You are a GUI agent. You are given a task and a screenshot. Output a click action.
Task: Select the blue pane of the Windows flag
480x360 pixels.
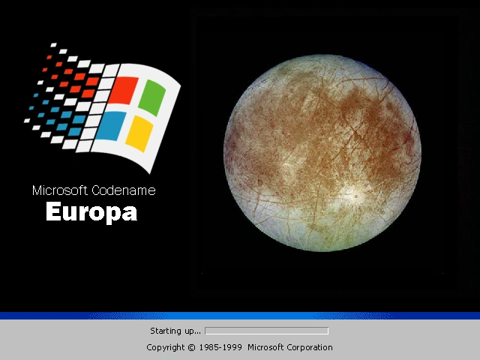click(110, 125)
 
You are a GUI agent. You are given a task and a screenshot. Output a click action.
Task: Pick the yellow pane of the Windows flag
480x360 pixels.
click(139, 131)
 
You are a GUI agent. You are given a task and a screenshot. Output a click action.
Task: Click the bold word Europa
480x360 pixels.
click(91, 213)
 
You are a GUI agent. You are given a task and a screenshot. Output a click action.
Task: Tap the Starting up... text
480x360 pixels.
click(175, 331)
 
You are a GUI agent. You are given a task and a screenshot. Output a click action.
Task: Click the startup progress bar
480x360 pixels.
click(266, 331)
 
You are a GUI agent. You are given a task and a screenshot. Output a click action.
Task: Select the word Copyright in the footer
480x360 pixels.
click(165, 347)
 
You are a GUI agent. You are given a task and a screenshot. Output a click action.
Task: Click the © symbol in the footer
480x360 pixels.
click(191, 347)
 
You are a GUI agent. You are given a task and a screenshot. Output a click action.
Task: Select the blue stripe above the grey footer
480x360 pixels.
click(240, 316)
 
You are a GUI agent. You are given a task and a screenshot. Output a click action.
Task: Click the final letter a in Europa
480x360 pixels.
click(130, 214)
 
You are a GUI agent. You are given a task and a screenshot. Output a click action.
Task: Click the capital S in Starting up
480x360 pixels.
click(153, 331)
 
